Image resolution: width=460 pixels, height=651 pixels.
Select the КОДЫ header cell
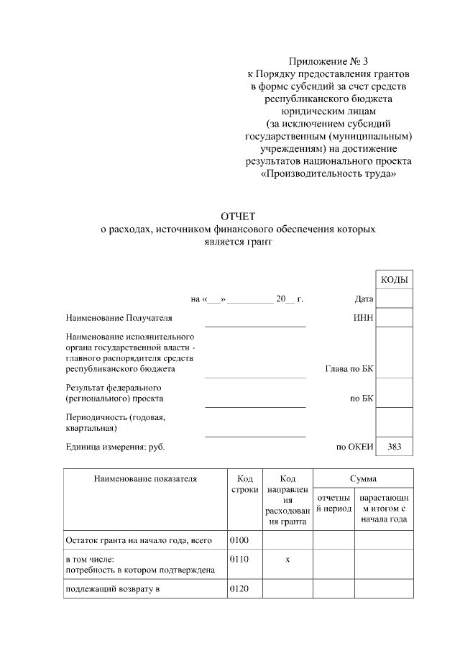tap(395, 279)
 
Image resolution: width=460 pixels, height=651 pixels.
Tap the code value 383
tap(395, 447)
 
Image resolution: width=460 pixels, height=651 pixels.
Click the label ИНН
tap(364, 317)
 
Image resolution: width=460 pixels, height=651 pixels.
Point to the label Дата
tap(364, 299)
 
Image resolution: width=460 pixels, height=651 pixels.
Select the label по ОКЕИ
tap(355, 447)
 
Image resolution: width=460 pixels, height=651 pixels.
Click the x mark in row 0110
tap(287, 559)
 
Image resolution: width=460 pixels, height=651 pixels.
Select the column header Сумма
tap(363, 478)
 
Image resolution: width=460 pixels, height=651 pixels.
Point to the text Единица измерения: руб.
tap(115, 447)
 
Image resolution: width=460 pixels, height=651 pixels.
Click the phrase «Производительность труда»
tap(328, 173)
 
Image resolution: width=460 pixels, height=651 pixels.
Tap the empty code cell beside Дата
tap(395, 299)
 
